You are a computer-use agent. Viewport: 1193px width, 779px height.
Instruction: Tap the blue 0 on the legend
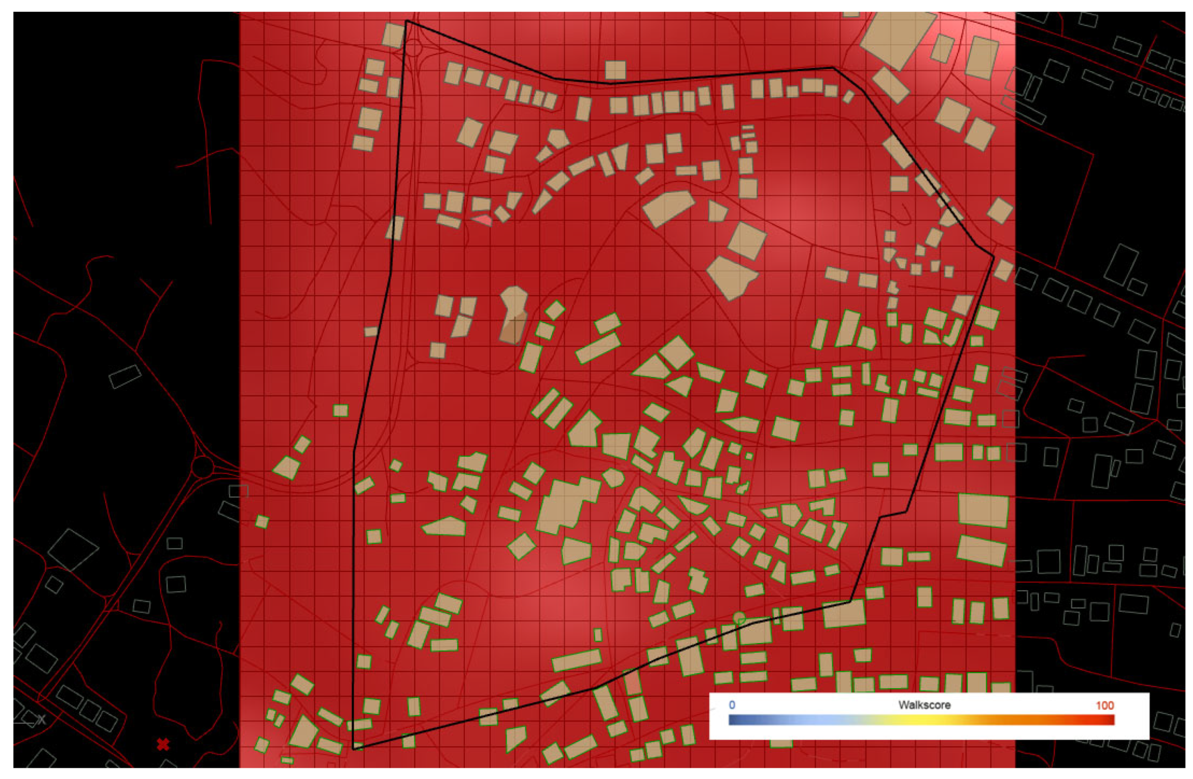point(732,705)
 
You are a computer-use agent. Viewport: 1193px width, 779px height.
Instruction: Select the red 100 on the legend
point(1104,705)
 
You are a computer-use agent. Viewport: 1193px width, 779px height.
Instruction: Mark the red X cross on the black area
point(163,744)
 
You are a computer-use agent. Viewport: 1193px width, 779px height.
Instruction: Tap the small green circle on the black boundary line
point(739,618)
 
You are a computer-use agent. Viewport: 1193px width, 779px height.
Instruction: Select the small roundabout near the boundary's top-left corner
point(414,49)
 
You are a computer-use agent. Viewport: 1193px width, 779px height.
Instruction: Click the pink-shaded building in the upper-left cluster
point(483,220)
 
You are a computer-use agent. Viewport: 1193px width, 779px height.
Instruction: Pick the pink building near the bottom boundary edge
point(632,683)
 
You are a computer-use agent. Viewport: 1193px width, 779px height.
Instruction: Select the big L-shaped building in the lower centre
point(564,505)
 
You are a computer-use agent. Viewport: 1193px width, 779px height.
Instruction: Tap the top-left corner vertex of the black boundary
point(406,21)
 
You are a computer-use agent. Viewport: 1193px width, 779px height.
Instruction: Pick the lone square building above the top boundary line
point(615,70)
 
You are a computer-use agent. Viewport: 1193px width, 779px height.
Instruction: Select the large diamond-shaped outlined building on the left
point(73,550)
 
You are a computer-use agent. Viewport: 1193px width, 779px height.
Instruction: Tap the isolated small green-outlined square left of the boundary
point(340,411)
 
